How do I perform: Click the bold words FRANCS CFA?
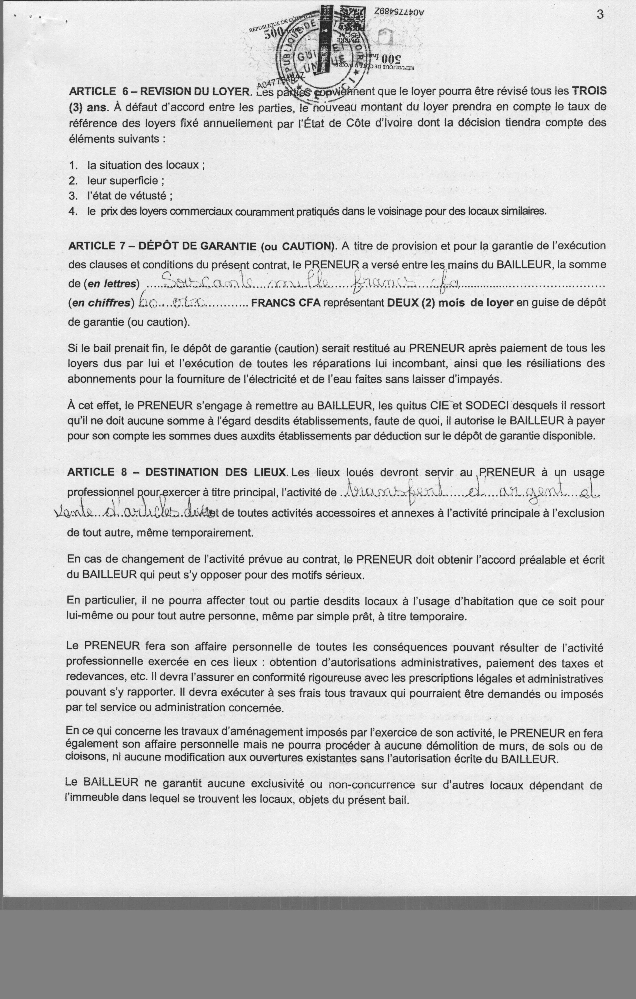point(286,302)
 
